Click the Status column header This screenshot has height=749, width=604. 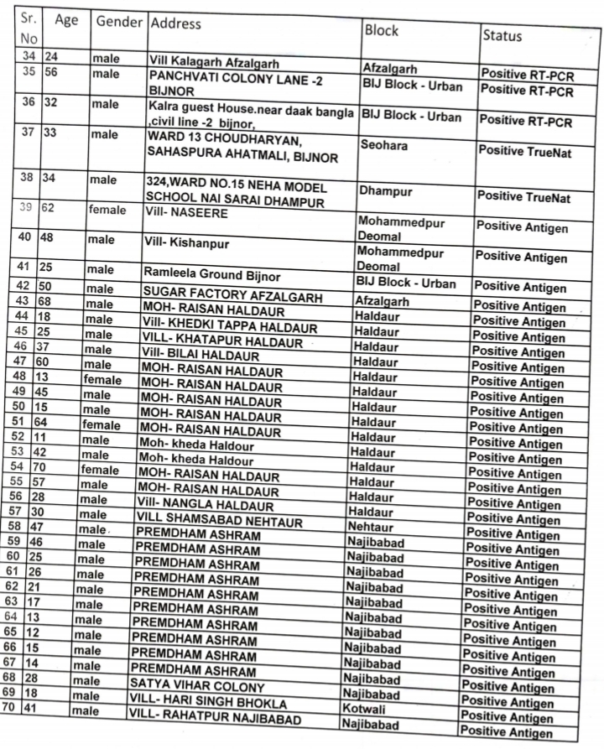coord(502,35)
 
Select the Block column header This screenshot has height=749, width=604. coord(382,31)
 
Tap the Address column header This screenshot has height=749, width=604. coord(175,23)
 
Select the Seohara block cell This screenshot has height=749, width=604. coord(384,145)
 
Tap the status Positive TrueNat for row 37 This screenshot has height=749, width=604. coord(523,151)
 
